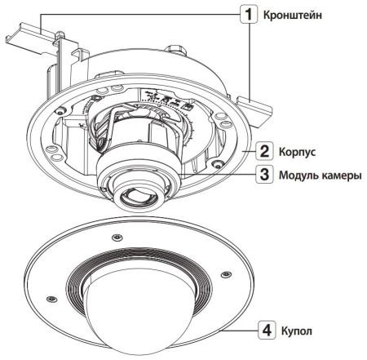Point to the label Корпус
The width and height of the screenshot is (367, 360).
298,152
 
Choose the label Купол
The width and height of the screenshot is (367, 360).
296,333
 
